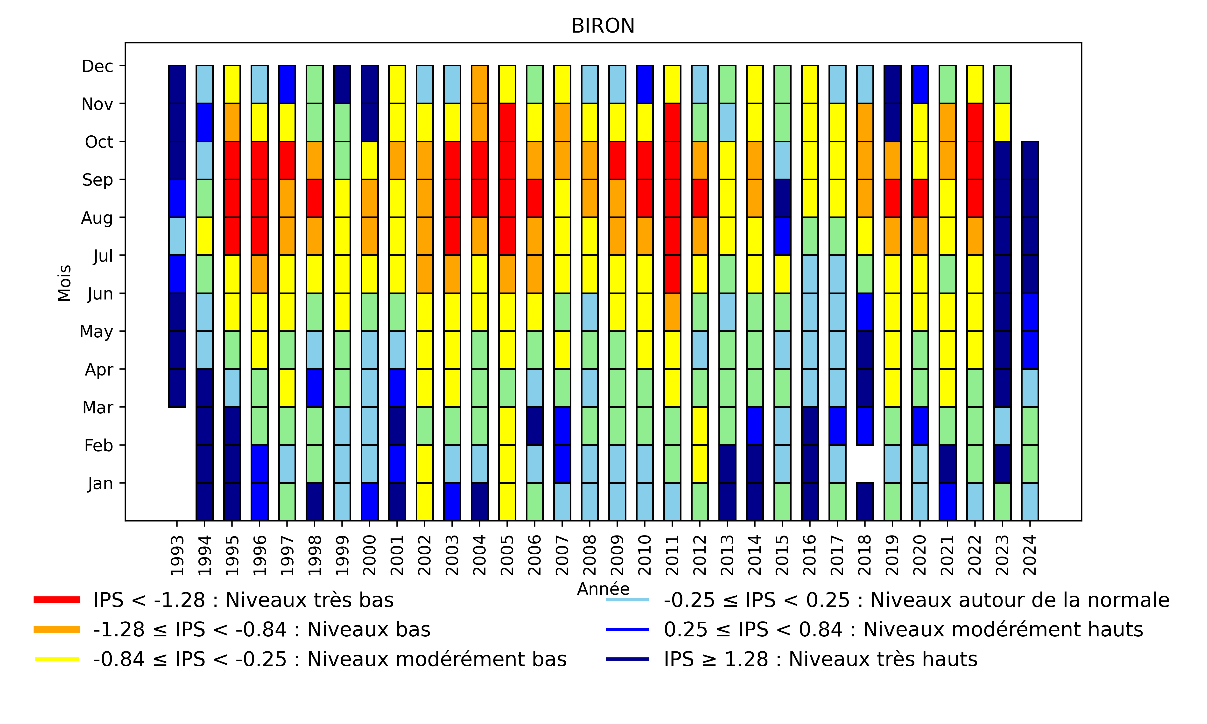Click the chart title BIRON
(603, 26)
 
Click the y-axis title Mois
(64, 283)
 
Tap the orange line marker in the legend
(56, 630)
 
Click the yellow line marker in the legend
(56, 659)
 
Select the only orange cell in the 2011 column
(672, 312)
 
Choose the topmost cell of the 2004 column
(480, 84)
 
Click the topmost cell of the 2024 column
(1030, 160)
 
